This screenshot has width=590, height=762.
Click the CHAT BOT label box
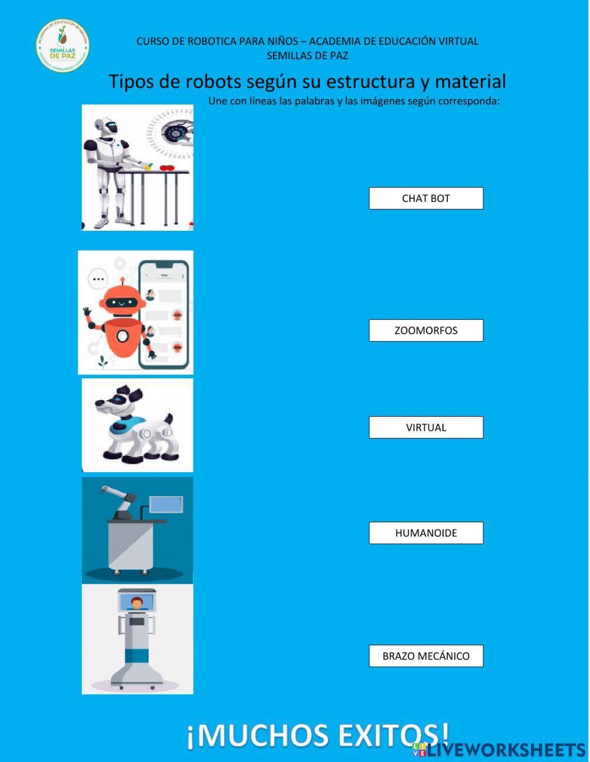coord(426,198)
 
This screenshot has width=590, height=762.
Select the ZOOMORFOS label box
coord(426,331)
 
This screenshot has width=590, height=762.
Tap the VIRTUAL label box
coord(426,427)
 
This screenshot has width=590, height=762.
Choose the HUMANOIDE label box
coord(426,533)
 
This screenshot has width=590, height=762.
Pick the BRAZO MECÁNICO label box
coord(426,656)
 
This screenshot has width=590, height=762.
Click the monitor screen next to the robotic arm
coord(166,505)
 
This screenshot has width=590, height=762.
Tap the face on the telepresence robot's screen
coord(137,603)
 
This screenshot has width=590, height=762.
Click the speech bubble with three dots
coord(98,279)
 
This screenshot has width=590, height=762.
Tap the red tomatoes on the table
coord(168,167)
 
